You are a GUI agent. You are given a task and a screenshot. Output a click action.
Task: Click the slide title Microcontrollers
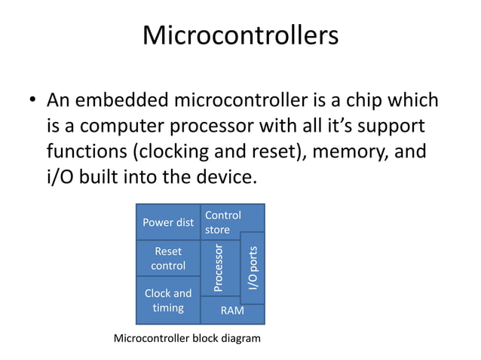(x=240, y=35)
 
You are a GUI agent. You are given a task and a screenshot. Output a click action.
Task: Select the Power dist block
(x=168, y=222)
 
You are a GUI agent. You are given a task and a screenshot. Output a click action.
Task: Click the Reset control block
(x=168, y=258)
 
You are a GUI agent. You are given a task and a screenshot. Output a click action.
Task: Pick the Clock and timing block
(x=168, y=301)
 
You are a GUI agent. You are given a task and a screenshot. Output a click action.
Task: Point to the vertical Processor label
(x=219, y=267)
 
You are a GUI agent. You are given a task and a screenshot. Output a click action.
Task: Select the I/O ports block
(x=253, y=268)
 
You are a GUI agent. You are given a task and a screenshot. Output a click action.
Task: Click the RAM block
(x=231, y=310)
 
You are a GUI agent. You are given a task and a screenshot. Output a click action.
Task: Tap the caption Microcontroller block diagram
(x=186, y=339)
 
